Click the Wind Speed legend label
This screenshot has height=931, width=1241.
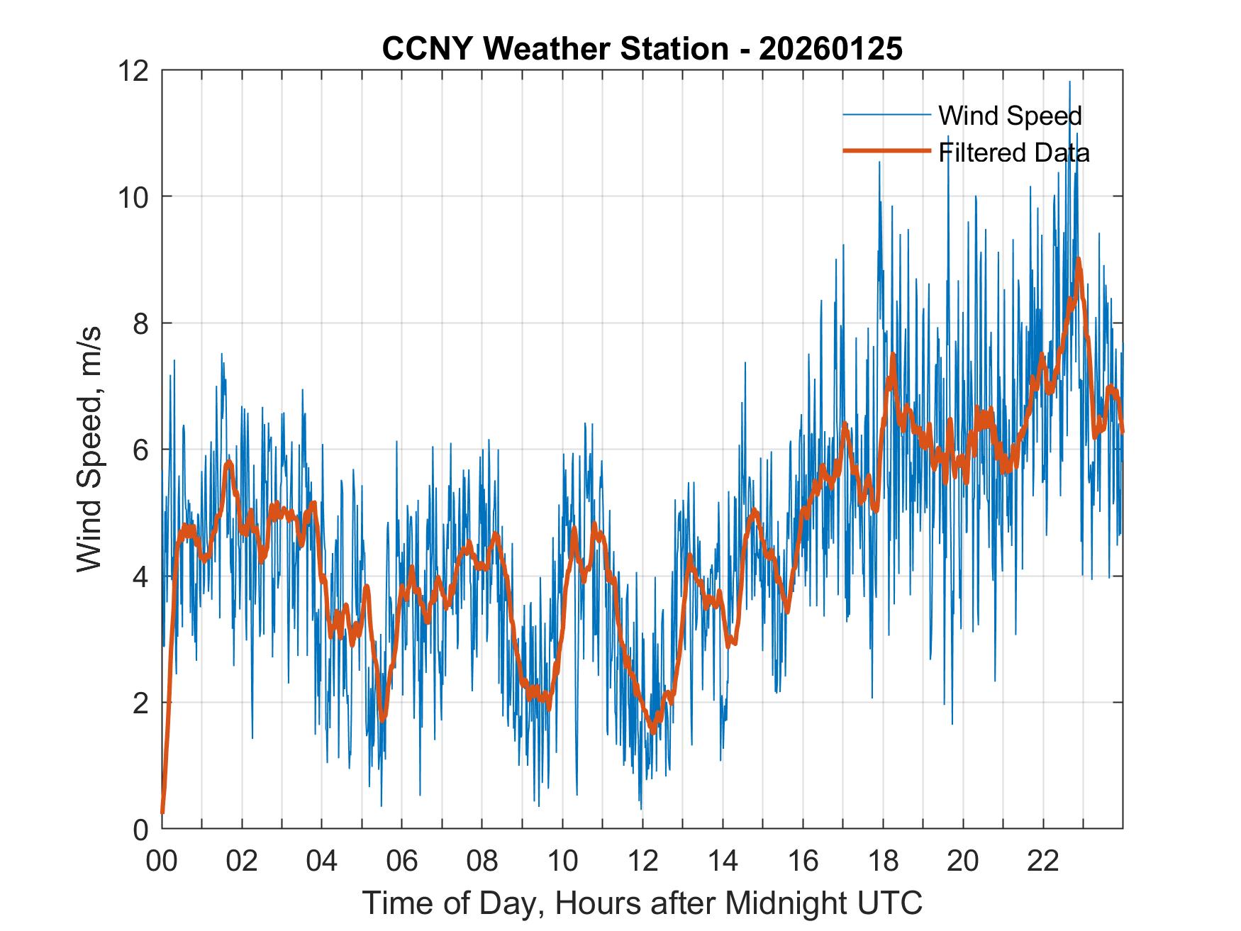click(x=1010, y=116)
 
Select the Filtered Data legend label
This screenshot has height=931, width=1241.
click(x=1013, y=152)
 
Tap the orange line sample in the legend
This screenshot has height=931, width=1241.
click(x=886, y=151)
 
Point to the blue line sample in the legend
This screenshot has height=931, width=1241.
click(x=886, y=115)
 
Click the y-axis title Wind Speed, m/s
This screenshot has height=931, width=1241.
click(x=90, y=449)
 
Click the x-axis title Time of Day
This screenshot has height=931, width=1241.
click(x=642, y=903)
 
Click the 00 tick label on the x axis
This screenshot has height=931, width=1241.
click(x=162, y=861)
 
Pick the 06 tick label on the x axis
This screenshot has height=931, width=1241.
click(x=402, y=861)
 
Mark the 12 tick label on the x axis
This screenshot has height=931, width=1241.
click(x=642, y=861)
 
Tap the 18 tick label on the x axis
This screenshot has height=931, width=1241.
click(x=883, y=861)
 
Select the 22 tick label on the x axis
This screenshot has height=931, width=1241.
click(x=1043, y=861)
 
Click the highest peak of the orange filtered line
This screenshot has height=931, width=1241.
click(x=1078, y=260)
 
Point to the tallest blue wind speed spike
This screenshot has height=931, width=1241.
click(x=1069, y=82)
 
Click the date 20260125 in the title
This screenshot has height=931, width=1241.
click(x=830, y=49)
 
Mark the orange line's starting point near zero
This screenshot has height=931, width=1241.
click(x=162, y=812)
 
